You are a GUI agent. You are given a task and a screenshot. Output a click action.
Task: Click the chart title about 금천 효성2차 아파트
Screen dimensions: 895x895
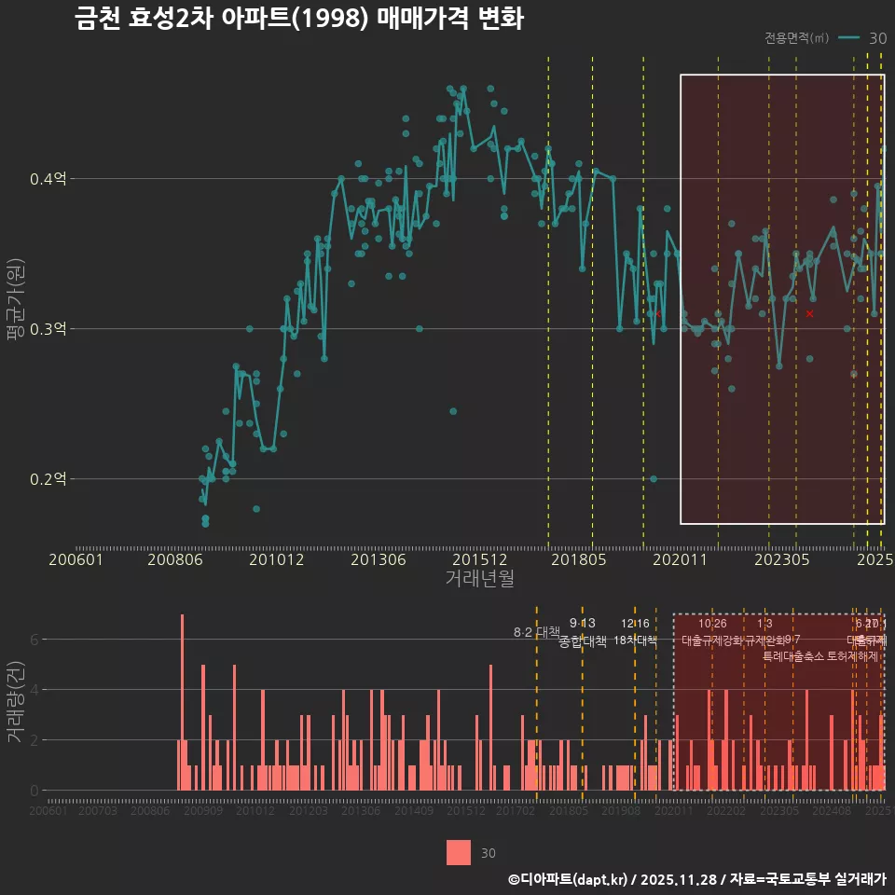point(298,19)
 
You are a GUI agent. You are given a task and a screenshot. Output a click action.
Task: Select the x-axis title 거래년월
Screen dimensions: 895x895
point(478,578)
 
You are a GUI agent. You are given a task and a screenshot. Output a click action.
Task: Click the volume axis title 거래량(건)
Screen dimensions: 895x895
point(14,702)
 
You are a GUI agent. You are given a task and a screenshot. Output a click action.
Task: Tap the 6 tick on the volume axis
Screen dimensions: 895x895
point(34,640)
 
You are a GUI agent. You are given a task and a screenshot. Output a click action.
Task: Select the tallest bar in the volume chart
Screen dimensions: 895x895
point(182,702)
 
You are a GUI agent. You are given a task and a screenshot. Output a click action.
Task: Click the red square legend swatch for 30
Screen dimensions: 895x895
point(459,852)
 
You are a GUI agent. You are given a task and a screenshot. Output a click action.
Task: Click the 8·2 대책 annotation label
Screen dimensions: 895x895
point(536,632)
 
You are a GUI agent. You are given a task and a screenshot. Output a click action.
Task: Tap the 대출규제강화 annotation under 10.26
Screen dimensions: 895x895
point(712,640)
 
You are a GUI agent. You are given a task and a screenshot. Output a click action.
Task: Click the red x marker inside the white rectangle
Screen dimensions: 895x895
point(809,314)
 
